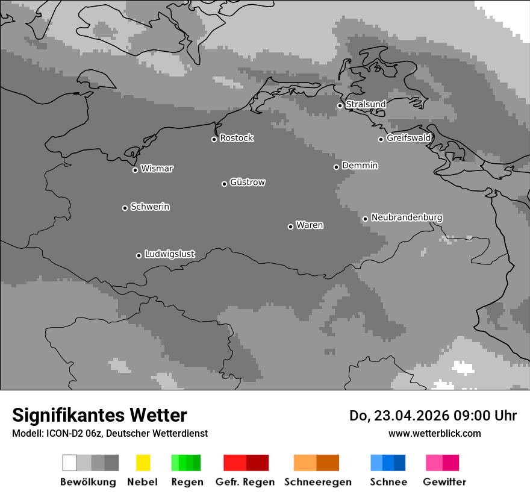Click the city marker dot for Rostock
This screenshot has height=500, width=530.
[x=214, y=139]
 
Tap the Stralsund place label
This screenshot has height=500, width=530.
[x=366, y=104]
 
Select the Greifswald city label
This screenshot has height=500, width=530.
[x=408, y=138]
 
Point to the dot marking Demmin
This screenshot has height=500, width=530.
[x=336, y=167]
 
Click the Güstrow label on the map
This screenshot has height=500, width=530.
[x=248, y=182]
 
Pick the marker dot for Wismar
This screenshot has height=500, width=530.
[x=135, y=170]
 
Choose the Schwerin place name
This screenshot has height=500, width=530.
[x=150, y=207]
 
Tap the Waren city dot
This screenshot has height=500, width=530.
[x=290, y=227]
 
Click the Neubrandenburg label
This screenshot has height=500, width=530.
[x=407, y=217]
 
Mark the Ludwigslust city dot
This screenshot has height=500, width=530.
[x=139, y=255]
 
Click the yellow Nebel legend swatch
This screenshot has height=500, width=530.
[x=143, y=463]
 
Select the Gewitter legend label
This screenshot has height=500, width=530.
[x=444, y=482]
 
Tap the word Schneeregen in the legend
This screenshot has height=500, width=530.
[x=317, y=482]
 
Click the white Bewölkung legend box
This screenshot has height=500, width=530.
[x=70, y=463]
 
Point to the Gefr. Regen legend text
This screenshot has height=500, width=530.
[x=246, y=482]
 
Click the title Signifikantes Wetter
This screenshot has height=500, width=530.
[x=99, y=415]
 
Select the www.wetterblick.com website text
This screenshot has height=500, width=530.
[x=434, y=433]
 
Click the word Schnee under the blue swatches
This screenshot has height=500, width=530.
[x=388, y=482]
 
